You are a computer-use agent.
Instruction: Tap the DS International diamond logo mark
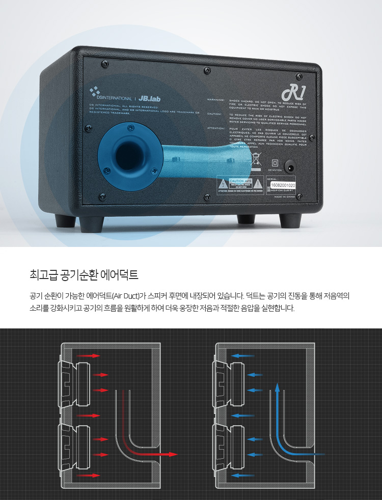(x=94, y=92)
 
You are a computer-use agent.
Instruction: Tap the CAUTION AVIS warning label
(x=240, y=184)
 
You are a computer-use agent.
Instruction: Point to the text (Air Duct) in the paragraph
(x=125, y=296)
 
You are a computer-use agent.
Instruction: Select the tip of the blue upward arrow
(x=277, y=386)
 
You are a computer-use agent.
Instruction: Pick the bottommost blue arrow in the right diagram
(x=242, y=476)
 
